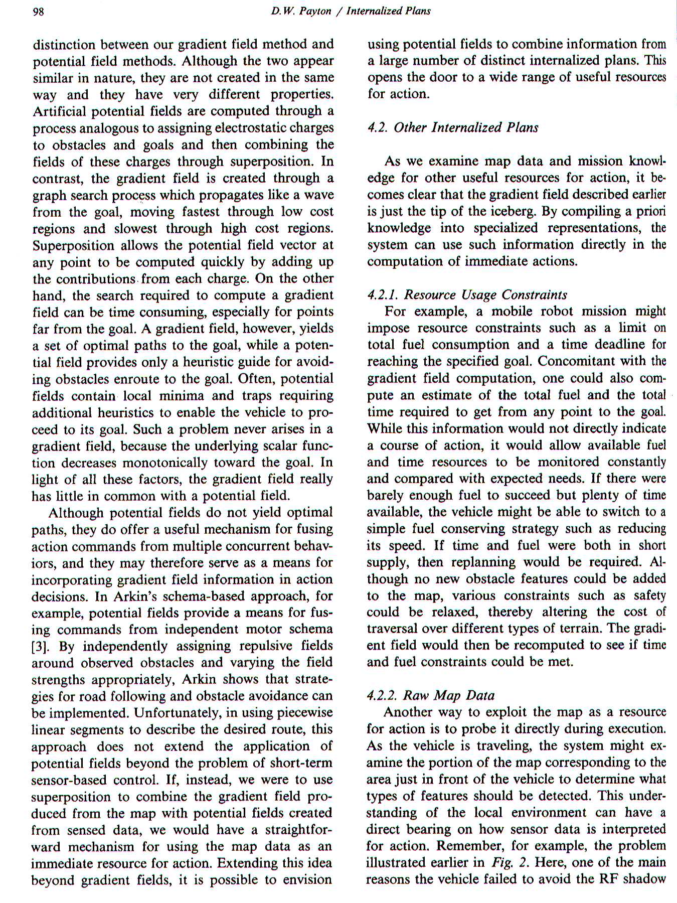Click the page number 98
point(39,12)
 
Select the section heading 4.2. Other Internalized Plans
point(453,127)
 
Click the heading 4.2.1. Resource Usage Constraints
point(467,294)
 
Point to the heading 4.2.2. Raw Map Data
point(431,695)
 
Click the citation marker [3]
point(40,646)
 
